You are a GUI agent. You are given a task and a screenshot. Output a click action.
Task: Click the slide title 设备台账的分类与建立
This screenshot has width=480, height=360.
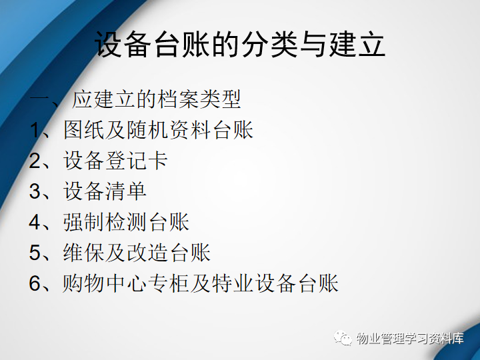pyautogui.click(x=240, y=45)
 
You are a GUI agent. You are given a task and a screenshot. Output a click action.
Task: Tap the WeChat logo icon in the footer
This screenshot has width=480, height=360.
pyautogui.click(x=343, y=337)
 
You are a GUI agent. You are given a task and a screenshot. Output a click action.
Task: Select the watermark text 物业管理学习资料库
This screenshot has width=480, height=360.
pyautogui.click(x=410, y=338)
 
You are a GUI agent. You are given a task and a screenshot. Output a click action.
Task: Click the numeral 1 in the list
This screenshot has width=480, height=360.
pyautogui.click(x=35, y=131)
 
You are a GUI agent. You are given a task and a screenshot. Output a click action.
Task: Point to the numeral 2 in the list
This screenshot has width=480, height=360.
pyautogui.click(x=35, y=161)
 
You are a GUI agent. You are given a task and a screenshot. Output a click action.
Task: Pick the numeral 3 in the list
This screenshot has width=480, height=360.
pyautogui.click(x=35, y=191)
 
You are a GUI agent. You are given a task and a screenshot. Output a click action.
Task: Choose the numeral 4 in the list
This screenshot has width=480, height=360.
pyautogui.click(x=35, y=222)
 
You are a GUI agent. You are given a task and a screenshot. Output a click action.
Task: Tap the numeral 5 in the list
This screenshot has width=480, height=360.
pyautogui.click(x=35, y=253)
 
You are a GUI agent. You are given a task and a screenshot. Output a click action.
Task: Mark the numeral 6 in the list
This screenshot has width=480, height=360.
pyautogui.click(x=35, y=283)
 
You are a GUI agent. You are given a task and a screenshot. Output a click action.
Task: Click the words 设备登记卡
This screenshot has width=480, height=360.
pyautogui.click(x=116, y=161)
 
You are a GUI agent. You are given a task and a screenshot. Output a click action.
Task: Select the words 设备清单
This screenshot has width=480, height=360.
pyautogui.click(x=105, y=191)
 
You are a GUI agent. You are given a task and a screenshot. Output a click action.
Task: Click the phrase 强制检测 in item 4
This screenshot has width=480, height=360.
pyautogui.click(x=105, y=221)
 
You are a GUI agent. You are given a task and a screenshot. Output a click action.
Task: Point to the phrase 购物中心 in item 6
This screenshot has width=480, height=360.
pyautogui.click(x=105, y=283)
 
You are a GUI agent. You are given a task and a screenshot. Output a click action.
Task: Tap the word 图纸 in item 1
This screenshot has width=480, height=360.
pyautogui.click(x=84, y=130)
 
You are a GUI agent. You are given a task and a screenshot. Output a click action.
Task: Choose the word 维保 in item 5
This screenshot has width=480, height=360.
pyautogui.click(x=84, y=252)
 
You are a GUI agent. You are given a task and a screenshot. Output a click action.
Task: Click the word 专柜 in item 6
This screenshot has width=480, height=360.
pyautogui.click(x=169, y=283)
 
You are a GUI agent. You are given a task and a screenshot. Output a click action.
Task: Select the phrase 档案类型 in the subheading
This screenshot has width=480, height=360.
pyautogui.click(x=199, y=99)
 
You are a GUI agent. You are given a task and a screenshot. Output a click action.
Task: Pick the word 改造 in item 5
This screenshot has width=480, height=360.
pyautogui.click(x=147, y=252)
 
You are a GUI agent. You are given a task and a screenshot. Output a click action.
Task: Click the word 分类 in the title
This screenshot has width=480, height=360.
pyautogui.click(x=269, y=45)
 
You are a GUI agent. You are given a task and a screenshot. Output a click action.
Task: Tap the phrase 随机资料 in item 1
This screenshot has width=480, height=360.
pyautogui.click(x=169, y=130)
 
